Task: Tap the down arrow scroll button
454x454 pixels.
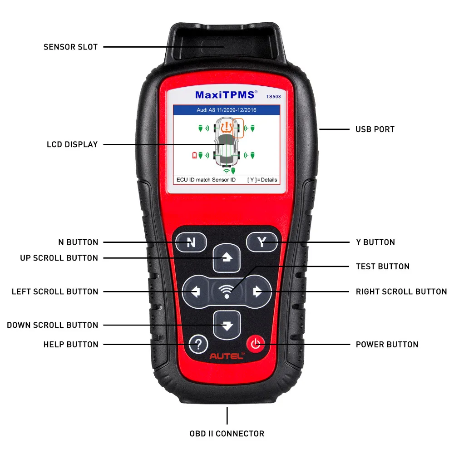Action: tap(227, 325)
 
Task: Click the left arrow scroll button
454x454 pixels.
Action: tap(196, 291)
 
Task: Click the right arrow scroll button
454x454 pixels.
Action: tap(257, 291)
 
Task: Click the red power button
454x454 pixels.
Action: tap(256, 344)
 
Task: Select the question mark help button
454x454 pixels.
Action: tap(198, 344)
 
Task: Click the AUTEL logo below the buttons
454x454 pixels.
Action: tap(227, 357)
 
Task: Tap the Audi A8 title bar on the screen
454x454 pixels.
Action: tap(227, 110)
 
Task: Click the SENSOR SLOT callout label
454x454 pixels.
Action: tap(70, 47)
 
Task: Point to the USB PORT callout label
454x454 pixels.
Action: tap(375, 129)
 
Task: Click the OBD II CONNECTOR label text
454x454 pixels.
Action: tap(227, 434)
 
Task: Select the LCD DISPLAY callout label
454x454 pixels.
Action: tap(72, 144)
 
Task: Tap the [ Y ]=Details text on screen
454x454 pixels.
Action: tap(262, 180)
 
